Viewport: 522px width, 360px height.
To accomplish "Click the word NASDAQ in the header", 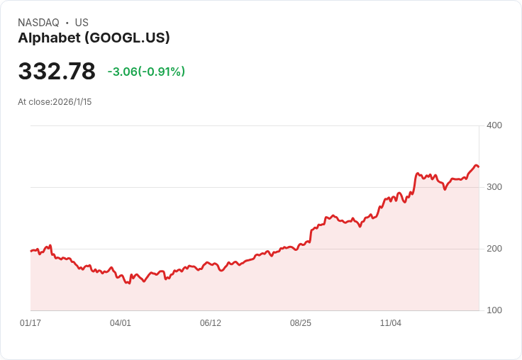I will (x=38, y=23).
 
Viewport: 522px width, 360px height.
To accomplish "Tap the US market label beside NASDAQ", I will (x=82, y=23).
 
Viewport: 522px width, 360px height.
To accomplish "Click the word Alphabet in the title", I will (x=47, y=38).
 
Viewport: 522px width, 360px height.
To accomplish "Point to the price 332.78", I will (x=57, y=72).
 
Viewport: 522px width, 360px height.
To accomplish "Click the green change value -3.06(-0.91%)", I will (x=146, y=72).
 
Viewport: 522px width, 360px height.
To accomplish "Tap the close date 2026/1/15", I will (x=72, y=102).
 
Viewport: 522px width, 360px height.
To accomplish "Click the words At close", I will (x=34, y=102).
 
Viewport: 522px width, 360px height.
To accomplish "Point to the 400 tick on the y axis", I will (x=494, y=125).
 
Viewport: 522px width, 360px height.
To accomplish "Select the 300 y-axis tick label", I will (x=494, y=187).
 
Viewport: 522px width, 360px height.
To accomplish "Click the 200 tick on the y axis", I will (x=494, y=249).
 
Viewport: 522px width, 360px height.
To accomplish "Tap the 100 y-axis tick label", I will (x=494, y=310).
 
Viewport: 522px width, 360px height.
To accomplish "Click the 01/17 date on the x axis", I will (x=30, y=323).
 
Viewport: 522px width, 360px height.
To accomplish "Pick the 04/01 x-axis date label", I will (x=121, y=323).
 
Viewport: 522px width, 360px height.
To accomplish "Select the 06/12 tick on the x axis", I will (x=211, y=323).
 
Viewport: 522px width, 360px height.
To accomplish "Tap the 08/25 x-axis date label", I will (x=301, y=323).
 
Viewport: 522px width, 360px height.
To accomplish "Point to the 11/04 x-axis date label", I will (x=391, y=323).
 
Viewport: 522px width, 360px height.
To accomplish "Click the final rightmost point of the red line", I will (x=479, y=167).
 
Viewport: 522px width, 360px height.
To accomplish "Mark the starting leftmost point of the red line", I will (x=31, y=251).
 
